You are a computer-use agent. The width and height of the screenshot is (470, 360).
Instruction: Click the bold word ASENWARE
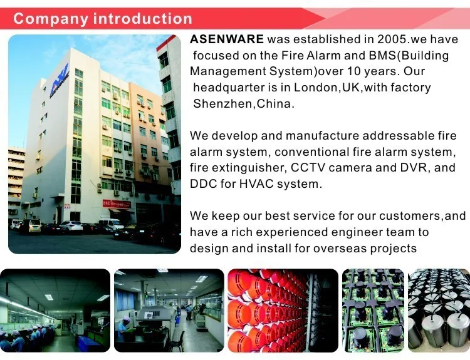click(x=227, y=39)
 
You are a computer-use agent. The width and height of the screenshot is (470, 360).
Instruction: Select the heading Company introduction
click(x=103, y=19)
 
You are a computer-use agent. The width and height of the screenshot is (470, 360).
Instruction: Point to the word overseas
click(x=338, y=248)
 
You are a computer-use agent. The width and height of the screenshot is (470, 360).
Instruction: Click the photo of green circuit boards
click(x=372, y=310)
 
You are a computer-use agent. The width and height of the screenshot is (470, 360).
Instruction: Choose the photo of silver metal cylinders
click(x=439, y=310)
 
